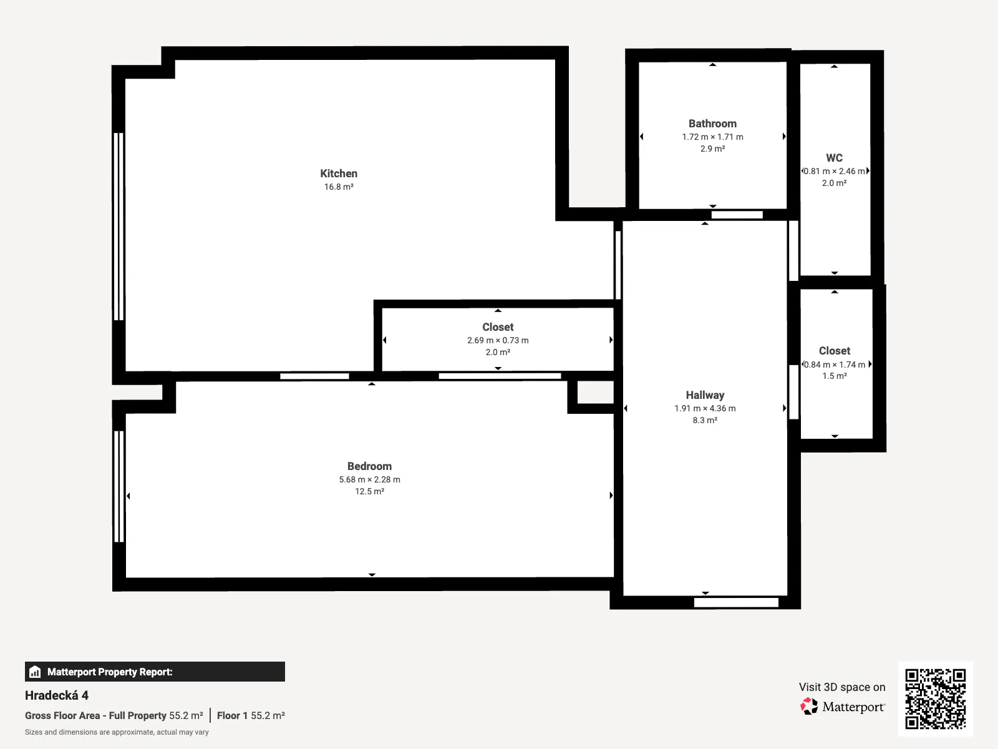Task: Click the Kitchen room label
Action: click(338, 174)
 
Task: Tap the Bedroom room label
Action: click(369, 466)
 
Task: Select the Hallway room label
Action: click(705, 395)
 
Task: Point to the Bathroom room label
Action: click(712, 124)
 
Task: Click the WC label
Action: click(834, 158)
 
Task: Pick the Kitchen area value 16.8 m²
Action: click(338, 187)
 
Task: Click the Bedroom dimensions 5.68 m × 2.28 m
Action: click(369, 479)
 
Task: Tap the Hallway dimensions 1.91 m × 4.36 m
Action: click(705, 408)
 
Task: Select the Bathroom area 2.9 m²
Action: click(712, 149)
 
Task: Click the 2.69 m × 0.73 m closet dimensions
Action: click(498, 340)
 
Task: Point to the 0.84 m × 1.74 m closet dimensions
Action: click(835, 365)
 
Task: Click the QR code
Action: click(935, 698)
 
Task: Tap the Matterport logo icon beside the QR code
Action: click(809, 707)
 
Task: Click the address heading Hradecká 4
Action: click(56, 695)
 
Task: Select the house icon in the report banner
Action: click(35, 672)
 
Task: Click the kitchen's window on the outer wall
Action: click(119, 227)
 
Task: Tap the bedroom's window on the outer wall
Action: click(119, 487)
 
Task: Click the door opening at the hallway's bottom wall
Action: click(736, 602)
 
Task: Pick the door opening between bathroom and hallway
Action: click(737, 215)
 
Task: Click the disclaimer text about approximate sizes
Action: click(117, 732)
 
